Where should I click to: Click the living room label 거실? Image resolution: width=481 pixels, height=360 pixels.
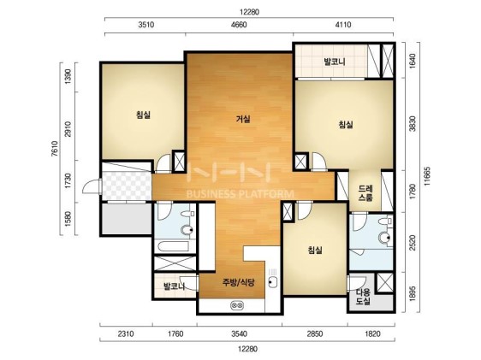[x=243, y=119]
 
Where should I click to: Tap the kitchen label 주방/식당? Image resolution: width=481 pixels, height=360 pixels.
[x=238, y=282]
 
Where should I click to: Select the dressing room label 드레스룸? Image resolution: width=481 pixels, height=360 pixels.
[x=365, y=193]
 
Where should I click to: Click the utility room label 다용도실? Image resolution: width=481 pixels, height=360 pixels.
[x=363, y=296]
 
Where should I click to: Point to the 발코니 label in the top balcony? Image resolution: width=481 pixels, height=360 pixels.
[x=335, y=62]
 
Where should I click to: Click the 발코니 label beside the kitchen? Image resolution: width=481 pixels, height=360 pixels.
[x=174, y=286]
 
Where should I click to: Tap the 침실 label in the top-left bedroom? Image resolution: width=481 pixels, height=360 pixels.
[x=143, y=115]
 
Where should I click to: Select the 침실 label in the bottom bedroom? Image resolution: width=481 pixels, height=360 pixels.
[x=315, y=250]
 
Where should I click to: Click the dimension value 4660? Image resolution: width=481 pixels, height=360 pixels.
[x=239, y=25]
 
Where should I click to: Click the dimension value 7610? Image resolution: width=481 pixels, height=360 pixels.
[x=54, y=149]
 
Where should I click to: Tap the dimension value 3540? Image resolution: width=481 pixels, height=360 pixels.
[x=239, y=333]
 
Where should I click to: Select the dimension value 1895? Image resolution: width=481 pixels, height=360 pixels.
[x=413, y=293]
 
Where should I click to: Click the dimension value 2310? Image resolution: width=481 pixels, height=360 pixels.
[x=126, y=333]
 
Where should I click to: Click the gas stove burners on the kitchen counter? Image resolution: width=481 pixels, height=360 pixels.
[x=237, y=305]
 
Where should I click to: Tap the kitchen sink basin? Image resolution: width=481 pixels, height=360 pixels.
[x=273, y=281]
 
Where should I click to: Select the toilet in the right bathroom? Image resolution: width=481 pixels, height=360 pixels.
[x=385, y=237]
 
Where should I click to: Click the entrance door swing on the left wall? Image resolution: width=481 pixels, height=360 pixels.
[x=92, y=187]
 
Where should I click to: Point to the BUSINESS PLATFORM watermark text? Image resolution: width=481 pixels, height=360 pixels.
[x=240, y=193]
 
